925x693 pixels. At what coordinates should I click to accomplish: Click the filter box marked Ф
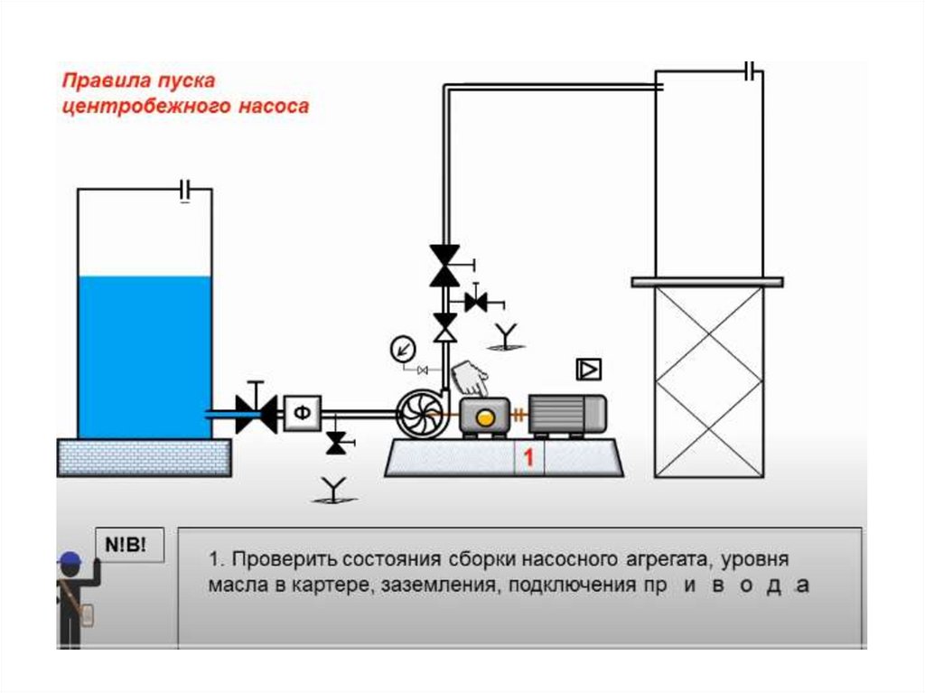pyautogui.click(x=302, y=413)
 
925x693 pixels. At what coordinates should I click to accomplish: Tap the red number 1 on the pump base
pyautogui.click(x=528, y=457)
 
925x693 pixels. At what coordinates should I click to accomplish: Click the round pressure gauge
pyautogui.click(x=403, y=349)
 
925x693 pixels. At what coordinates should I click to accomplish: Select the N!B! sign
pyautogui.click(x=129, y=544)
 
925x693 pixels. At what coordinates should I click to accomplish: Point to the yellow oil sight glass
pyautogui.click(x=485, y=418)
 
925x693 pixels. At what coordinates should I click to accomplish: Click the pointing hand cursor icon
pyautogui.click(x=470, y=379)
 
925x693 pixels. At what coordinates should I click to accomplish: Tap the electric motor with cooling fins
pyautogui.click(x=567, y=415)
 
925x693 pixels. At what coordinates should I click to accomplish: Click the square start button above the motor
pyautogui.click(x=588, y=370)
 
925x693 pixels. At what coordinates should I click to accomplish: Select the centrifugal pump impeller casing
pyautogui.click(x=419, y=414)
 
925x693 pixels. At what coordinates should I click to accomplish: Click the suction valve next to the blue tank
pyautogui.click(x=256, y=411)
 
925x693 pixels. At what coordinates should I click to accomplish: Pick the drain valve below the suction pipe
pyautogui.click(x=337, y=443)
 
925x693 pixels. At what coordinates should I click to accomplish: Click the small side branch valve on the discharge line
pyautogui.click(x=477, y=303)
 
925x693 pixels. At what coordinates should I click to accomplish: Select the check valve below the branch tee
pyautogui.click(x=445, y=328)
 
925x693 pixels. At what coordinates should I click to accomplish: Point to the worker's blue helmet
pyautogui.click(x=70, y=559)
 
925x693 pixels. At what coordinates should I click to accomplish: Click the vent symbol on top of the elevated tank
pyautogui.click(x=750, y=71)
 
